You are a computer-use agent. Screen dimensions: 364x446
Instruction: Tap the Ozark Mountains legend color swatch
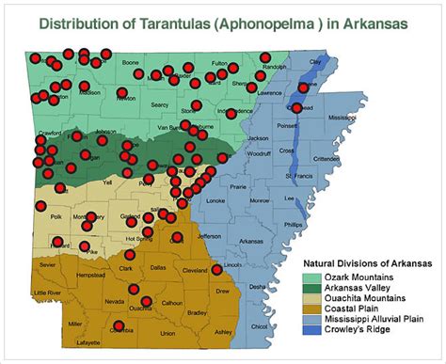311,278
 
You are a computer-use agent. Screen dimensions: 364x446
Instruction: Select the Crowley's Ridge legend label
356,329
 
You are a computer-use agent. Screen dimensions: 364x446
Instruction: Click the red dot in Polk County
40,206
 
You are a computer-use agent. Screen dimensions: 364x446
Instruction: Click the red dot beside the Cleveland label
217,269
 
